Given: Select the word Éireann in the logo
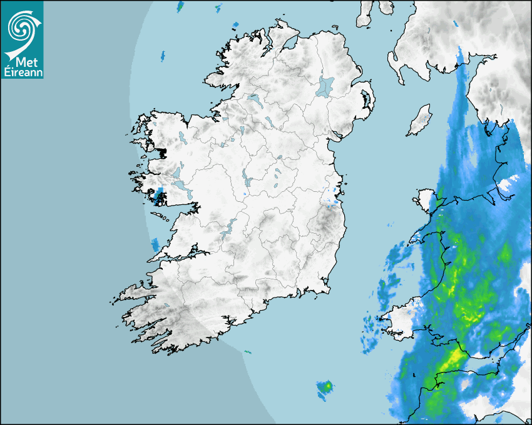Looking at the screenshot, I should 22,72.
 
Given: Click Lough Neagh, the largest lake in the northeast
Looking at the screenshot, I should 325,86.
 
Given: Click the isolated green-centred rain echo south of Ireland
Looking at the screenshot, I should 325,389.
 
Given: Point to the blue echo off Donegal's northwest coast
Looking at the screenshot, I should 162,55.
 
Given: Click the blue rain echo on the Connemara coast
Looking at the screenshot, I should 158,196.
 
